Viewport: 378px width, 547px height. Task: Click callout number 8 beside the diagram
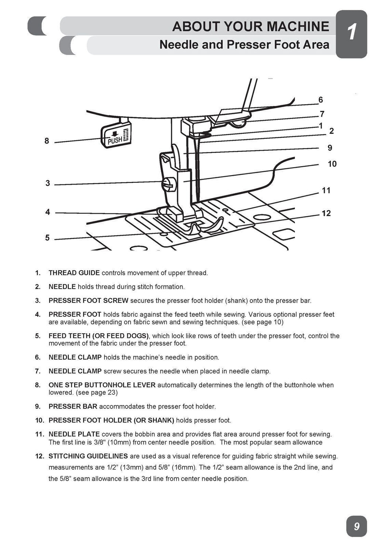pos(47,141)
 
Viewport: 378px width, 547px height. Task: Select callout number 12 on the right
pos(326,213)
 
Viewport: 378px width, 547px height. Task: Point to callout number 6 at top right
pos(320,100)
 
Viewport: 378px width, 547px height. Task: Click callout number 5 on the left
pos(47,237)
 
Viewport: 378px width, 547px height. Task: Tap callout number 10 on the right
pos(332,164)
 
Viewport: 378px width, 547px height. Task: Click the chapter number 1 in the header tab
pos(352,33)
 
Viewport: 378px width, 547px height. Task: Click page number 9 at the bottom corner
pos(356,526)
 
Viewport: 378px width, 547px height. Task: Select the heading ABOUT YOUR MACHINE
pos(250,26)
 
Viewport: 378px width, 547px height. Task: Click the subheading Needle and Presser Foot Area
pos(244,45)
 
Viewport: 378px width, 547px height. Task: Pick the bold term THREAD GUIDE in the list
pos(74,273)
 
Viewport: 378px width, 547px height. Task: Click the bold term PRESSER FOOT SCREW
pos(88,301)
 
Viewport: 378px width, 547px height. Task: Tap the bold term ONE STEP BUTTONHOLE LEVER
pos(102,385)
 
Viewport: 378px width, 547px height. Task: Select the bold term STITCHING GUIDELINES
pos(88,456)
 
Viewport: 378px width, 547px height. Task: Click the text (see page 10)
pos(262,322)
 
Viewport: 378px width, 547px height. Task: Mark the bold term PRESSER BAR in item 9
pos(73,406)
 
